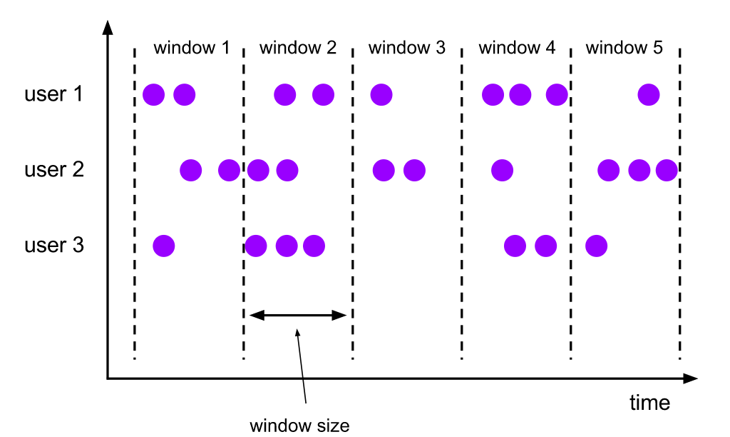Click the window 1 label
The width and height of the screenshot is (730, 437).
click(x=191, y=48)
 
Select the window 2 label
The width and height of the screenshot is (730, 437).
click(x=298, y=48)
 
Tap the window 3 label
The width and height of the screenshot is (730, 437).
click(x=407, y=48)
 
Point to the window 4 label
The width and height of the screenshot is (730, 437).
click(x=517, y=48)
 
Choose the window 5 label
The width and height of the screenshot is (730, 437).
click(x=624, y=48)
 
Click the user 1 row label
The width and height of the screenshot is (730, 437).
click(x=53, y=94)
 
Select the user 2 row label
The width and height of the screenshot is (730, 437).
click(x=54, y=170)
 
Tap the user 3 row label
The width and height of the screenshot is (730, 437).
click(x=54, y=246)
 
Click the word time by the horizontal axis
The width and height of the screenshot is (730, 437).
click(x=650, y=403)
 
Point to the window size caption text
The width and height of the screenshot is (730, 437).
click(x=299, y=426)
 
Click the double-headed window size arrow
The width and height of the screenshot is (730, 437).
click(x=298, y=316)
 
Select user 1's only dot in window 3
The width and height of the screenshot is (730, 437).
click(x=381, y=95)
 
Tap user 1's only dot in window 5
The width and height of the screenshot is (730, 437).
click(x=649, y=95)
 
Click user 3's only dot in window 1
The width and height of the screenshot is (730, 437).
click(x=164, y=246)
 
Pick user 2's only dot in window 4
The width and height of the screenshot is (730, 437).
click(x=503, y=170)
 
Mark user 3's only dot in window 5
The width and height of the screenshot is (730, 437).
click(x=597, y=246)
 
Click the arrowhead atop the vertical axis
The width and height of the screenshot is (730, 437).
click(x=108, y=27)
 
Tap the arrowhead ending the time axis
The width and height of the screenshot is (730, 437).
click(x=690, y=378)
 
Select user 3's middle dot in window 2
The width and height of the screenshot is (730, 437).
click(x=287, y=246)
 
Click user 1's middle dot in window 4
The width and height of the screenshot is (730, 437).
click(x=520, y=95)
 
